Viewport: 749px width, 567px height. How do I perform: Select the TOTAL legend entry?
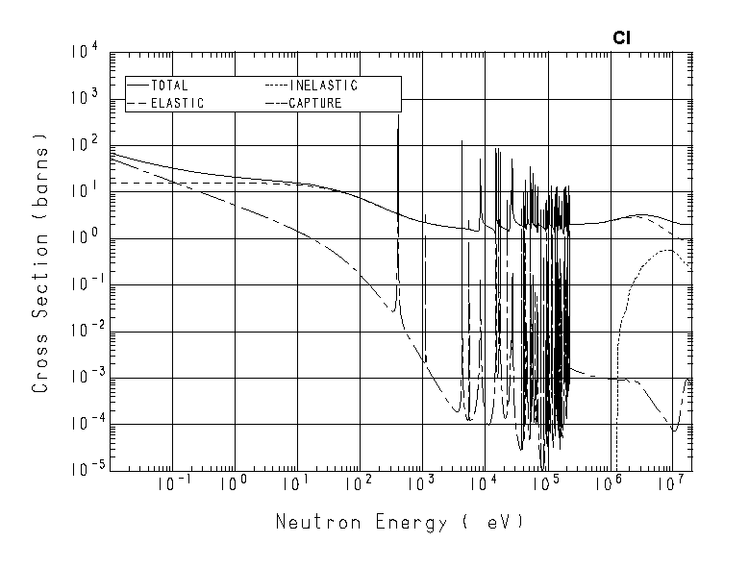(170, 86)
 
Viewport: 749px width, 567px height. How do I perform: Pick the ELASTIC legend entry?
(177, 103)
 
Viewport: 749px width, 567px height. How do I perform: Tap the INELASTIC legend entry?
(323, 86)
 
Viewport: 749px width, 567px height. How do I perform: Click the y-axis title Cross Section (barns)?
(41, 263)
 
